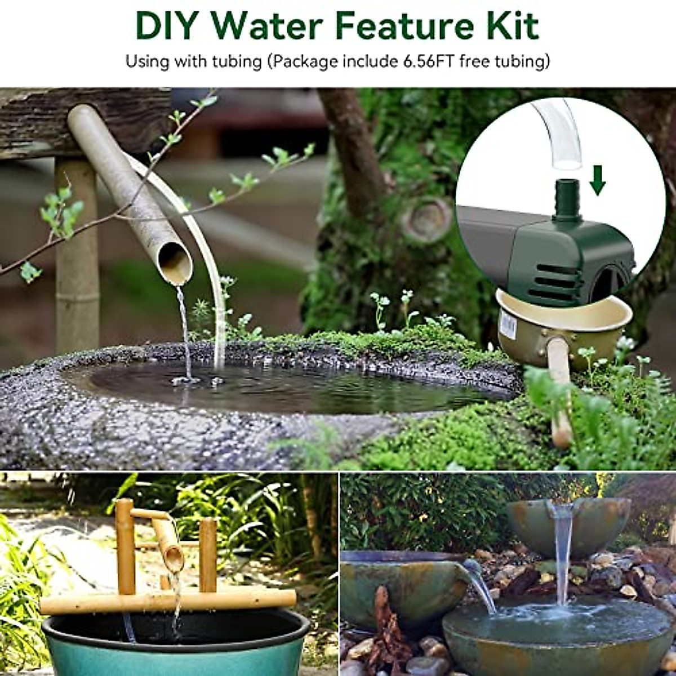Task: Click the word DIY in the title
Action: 167,25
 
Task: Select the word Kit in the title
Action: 510,25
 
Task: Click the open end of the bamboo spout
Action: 175,265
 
